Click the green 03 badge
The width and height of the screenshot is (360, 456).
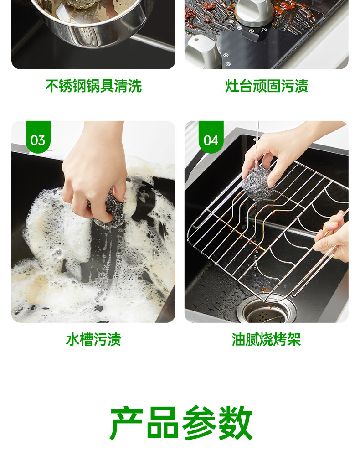tap(38, 137)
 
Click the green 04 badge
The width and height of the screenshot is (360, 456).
tap(211, 137)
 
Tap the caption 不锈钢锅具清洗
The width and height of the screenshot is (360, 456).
tap(93, 86)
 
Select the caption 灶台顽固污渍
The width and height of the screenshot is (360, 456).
tap(267, 86)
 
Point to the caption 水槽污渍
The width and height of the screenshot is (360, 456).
tap(93, 339)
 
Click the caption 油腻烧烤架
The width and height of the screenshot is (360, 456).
tap(266, 339)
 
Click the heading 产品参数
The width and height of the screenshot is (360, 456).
tap(181, 423)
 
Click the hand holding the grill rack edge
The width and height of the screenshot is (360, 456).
tap(332, 237)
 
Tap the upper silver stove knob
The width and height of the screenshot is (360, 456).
tap(255, 10)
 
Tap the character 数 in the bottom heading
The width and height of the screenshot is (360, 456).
tap(235, 423)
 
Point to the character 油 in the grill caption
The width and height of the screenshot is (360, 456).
tap(239, 339)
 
